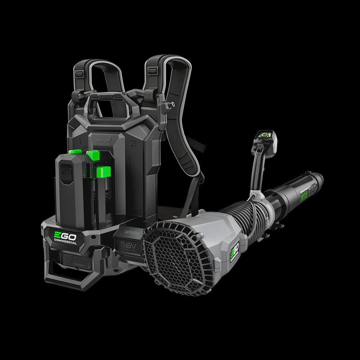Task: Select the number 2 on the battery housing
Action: [133, 144]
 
